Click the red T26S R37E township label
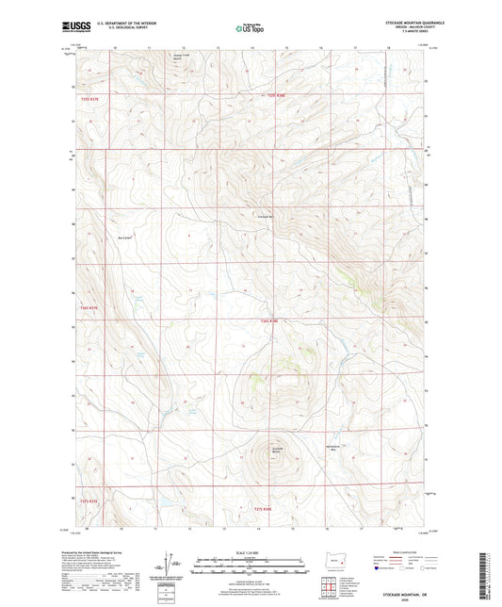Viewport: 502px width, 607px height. (x=89, y=307)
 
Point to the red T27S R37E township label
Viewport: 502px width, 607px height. (x=89, y=500)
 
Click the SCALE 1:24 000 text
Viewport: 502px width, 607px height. (x=250, y=551)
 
